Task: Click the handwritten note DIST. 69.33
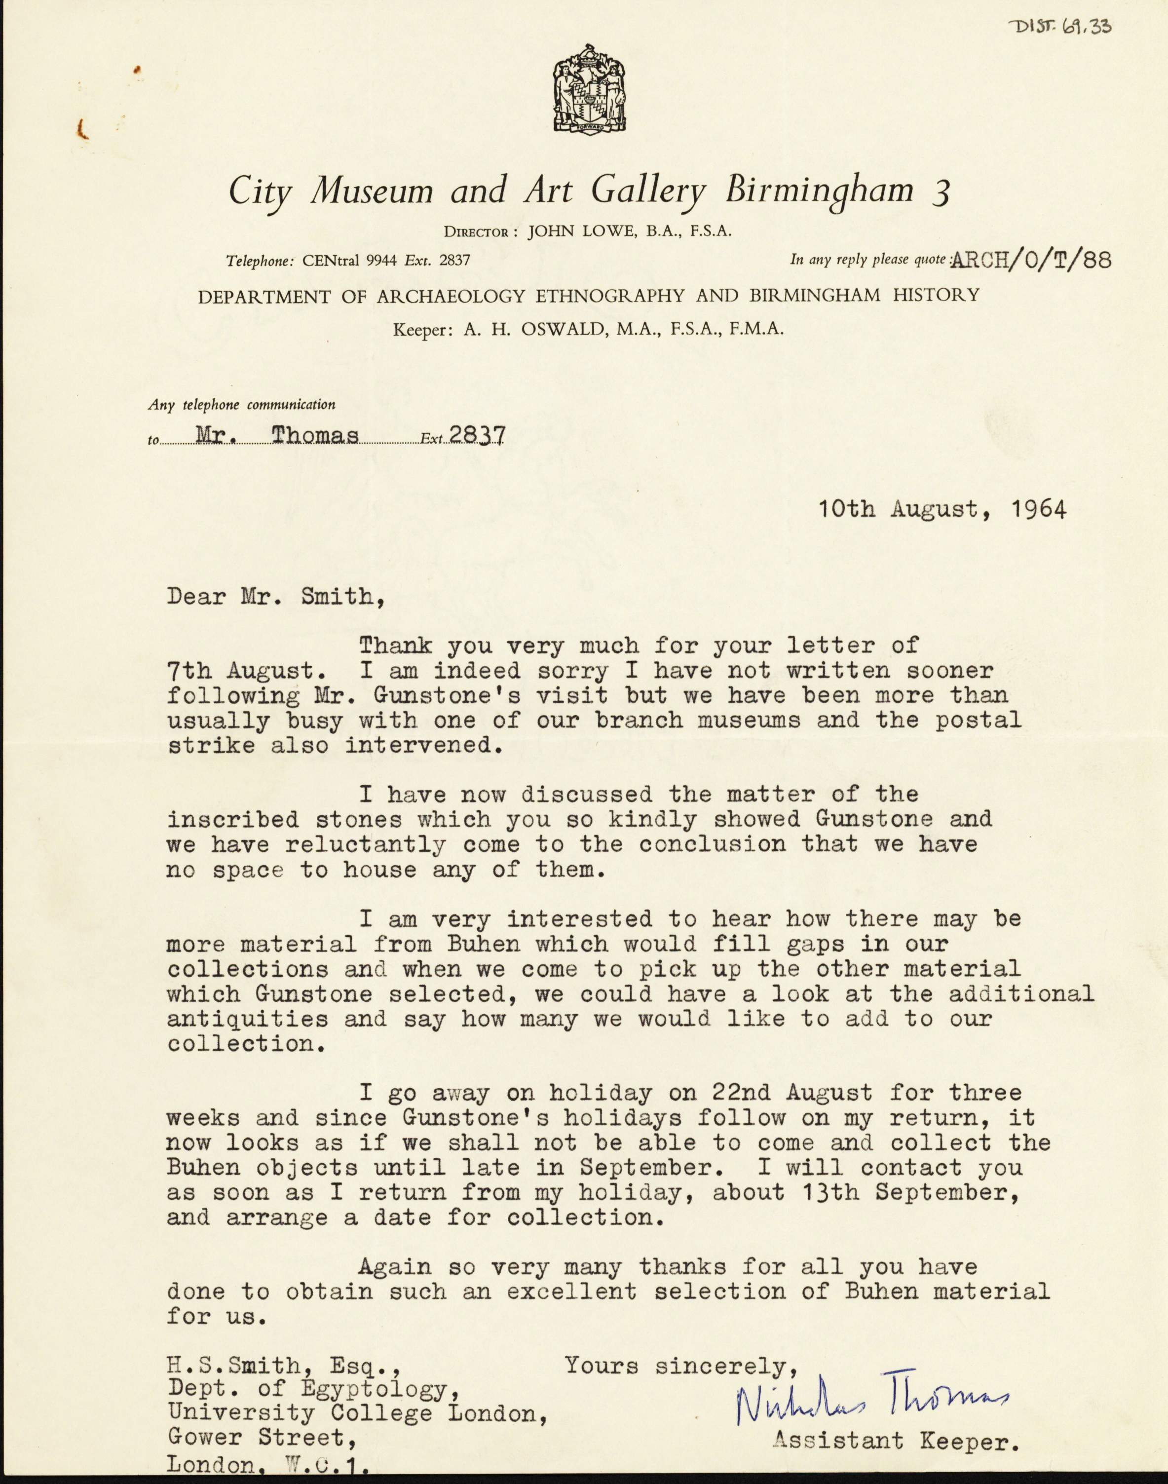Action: tap(1059, 27)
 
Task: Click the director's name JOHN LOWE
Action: tap(580, 232)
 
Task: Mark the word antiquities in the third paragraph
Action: tap(248, 1019)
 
